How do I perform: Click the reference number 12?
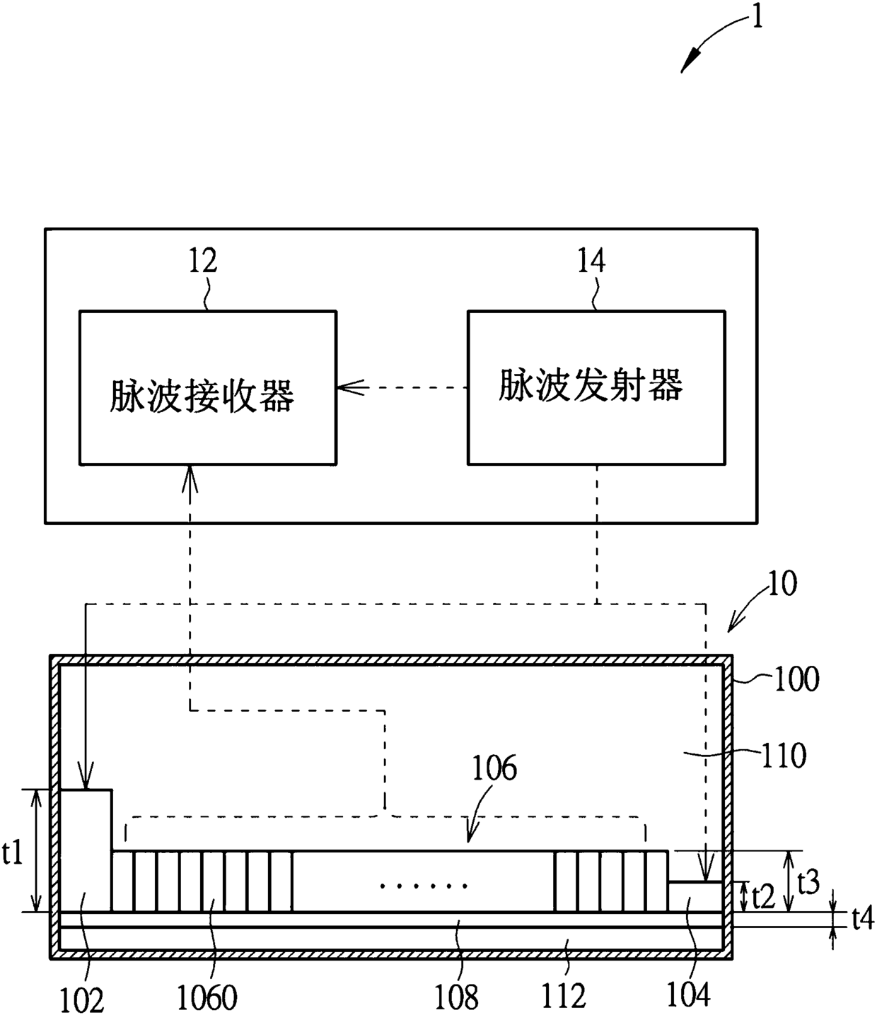click(203, 261)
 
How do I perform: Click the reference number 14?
click(591, 261)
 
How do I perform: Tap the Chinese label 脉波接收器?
click(202, 395)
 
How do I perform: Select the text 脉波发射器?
click(591, 385)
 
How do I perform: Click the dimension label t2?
click(763, 895)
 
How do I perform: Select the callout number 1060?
click(207, 997)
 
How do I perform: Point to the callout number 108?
click(456, 997)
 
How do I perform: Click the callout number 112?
click(564, 995)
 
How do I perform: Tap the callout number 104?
click(688, 994)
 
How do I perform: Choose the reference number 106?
click(494, 768)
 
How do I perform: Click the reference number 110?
click(784, 756)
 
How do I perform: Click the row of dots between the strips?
click(424, 886)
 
